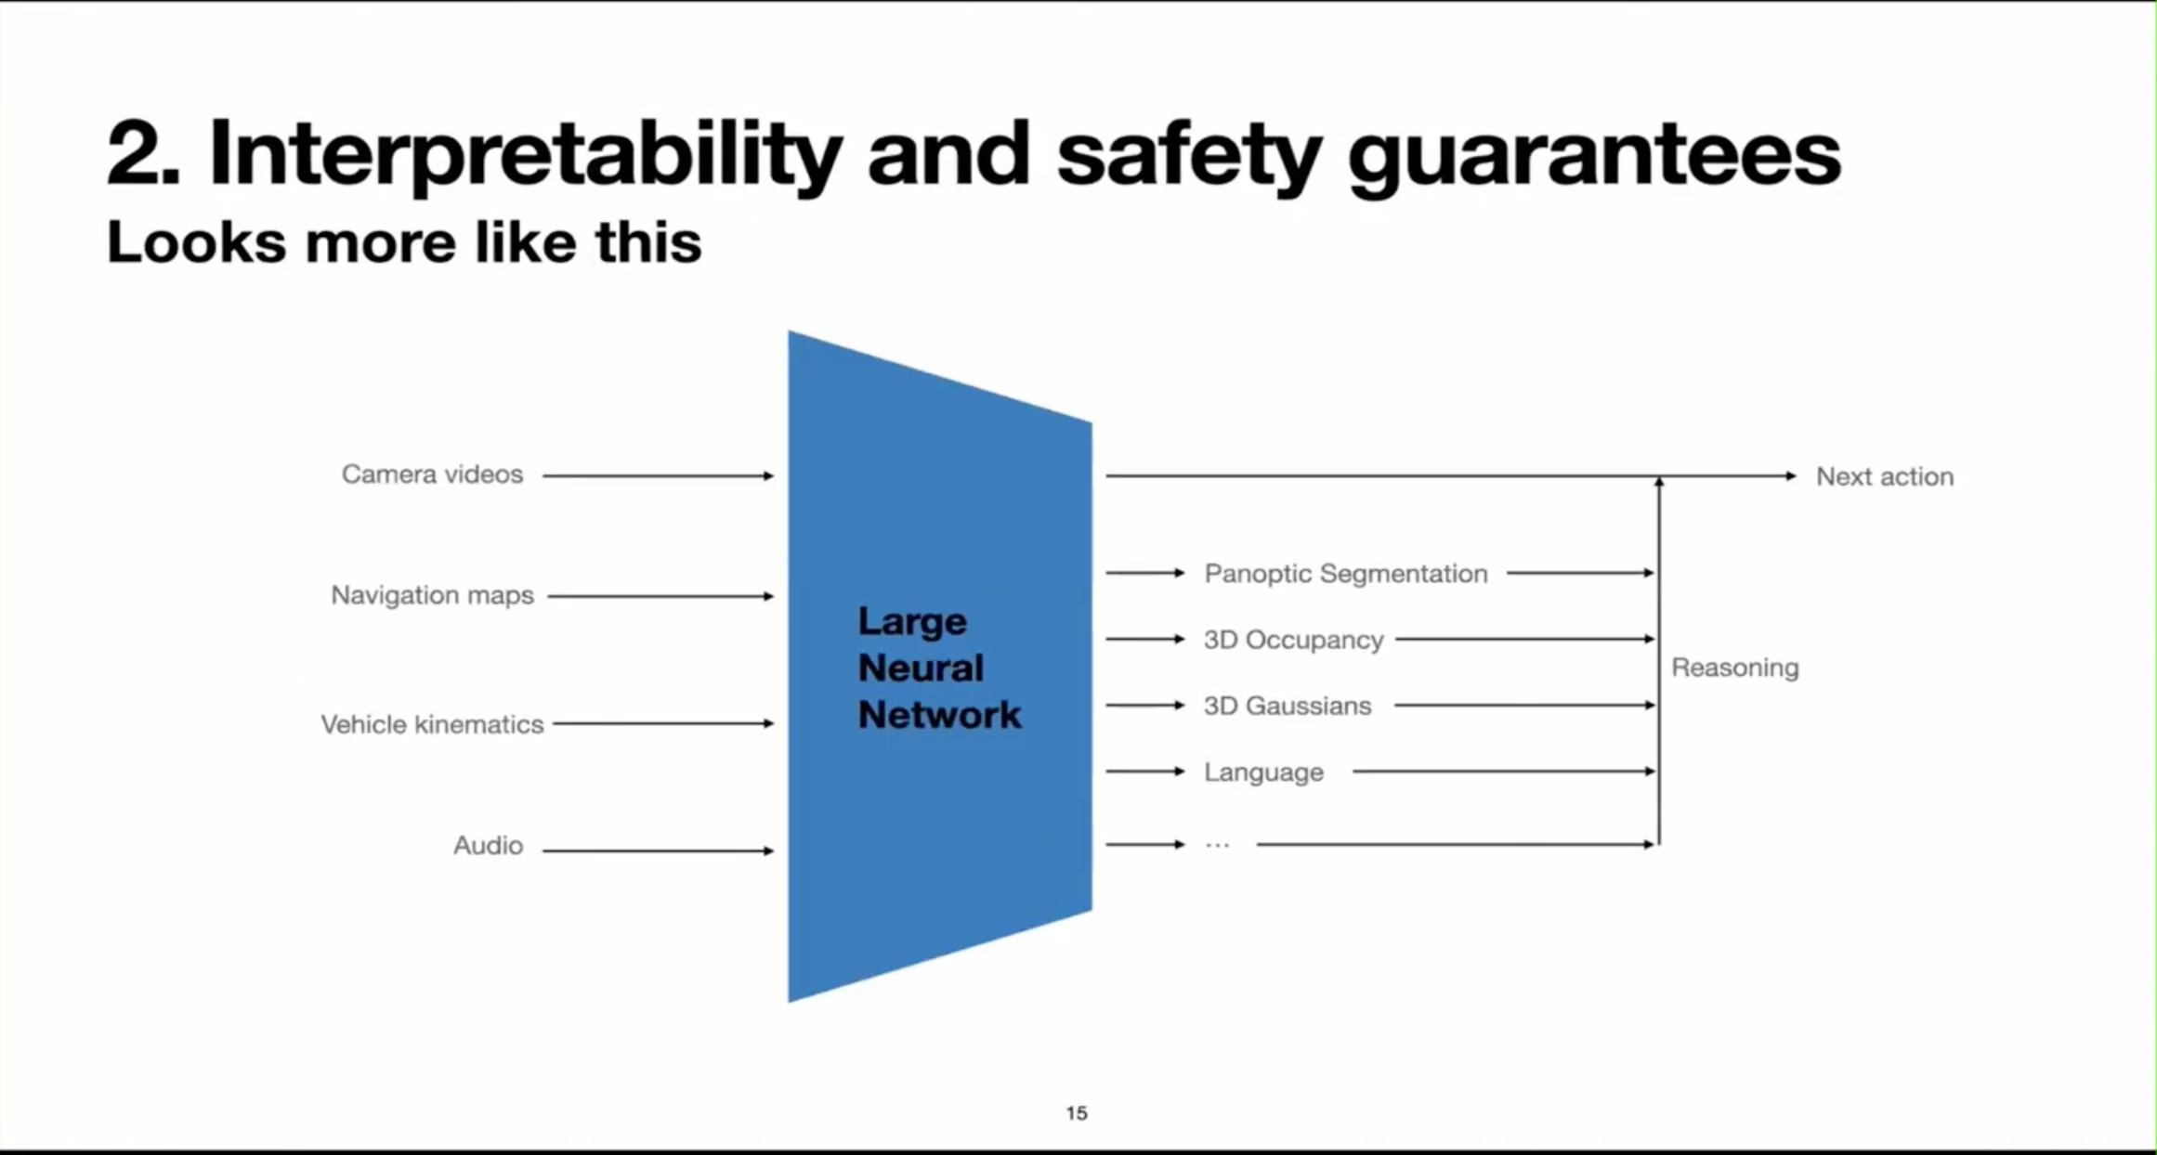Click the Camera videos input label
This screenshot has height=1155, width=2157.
(432, 474)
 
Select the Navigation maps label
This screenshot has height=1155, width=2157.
(432, 595)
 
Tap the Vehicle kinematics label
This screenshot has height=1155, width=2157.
(432, 724)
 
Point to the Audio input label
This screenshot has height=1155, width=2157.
(488, 845)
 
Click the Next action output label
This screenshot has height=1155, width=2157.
(1884, 476)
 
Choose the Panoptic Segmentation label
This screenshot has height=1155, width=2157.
(1345, 574)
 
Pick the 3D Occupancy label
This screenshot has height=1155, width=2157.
(1293, 640)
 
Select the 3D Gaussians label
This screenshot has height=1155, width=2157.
(1287, 706)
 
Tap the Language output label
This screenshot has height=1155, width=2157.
(1263, 772)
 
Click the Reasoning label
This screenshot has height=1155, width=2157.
(1734, 668)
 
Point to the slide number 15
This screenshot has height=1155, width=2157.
(1077, 1112)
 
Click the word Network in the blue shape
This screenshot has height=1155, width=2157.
(938, 715)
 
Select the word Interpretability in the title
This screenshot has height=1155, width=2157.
(525, 155)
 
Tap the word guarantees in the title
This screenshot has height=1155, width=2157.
(1593, 155)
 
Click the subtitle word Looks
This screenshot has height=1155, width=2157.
(196, 243)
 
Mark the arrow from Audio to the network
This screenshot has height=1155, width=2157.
(657, 850)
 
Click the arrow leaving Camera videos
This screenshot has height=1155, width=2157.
(657, 475)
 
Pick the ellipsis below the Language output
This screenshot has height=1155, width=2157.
(1217, 845)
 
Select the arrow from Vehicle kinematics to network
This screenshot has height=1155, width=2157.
(661, 723)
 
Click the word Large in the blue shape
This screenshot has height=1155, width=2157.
(911, 622)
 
